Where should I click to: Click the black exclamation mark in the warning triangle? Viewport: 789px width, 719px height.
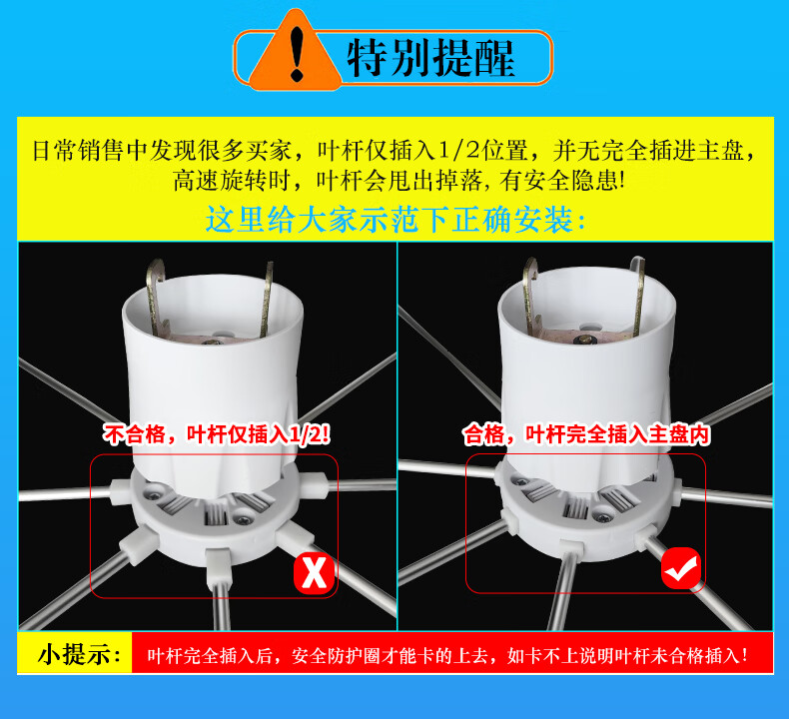[x=298, y=54]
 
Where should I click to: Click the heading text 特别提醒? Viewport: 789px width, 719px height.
[x=430, y=58]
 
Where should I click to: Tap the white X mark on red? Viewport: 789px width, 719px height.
[x=314, y=573]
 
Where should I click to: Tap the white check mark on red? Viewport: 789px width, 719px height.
[x=681, y=568]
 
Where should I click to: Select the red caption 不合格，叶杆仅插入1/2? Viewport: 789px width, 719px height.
[x=217, y=434]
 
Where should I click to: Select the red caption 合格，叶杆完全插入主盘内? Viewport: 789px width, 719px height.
[x=586, y=434]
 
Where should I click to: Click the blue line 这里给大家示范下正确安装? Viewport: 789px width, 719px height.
[x=395, y=220]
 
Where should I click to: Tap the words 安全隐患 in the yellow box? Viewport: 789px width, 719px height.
[x=571, y=181]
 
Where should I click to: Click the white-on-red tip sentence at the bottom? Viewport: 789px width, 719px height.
[x=447, y=656]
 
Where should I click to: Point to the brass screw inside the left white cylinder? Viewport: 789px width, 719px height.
[x=213, y=342]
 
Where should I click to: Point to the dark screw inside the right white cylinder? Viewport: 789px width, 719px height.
[x=585, y=341]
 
